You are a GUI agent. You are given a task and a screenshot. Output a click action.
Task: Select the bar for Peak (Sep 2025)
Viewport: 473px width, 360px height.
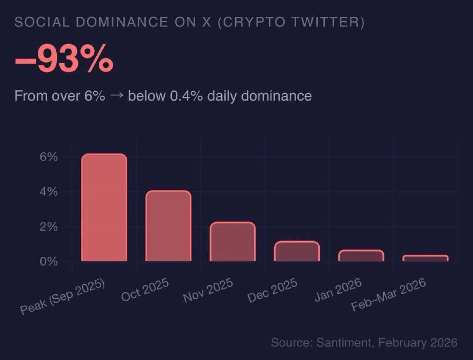point(104,207)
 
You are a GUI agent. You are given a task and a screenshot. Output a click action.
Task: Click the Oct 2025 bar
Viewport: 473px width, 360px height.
point(168,226)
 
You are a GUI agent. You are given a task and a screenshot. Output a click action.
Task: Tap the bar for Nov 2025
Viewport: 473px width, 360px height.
point(232,242)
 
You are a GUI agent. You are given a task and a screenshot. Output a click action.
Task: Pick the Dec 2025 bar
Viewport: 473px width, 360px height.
point(297,251)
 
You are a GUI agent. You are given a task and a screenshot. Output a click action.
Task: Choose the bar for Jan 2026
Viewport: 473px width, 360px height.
point(361,255)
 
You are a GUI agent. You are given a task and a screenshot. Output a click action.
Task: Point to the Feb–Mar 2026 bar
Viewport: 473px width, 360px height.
point(425,258)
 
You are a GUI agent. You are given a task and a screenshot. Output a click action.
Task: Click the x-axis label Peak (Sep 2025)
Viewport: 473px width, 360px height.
point(63,296)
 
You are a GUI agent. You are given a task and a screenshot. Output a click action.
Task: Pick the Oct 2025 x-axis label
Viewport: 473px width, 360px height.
point(145,290)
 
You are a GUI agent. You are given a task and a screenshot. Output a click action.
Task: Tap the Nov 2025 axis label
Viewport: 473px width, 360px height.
point(208,290)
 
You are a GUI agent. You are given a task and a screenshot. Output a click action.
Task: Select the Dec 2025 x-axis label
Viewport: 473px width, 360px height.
point(273,290)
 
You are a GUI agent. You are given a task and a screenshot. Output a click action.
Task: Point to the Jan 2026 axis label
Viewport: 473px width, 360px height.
point(338,290)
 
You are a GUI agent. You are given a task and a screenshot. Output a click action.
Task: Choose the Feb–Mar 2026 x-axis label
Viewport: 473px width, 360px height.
point(389,294)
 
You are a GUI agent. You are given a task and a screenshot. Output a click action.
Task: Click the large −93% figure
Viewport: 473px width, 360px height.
point(64,61)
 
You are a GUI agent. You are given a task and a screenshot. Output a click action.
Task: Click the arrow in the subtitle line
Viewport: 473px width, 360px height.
point(117,95)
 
